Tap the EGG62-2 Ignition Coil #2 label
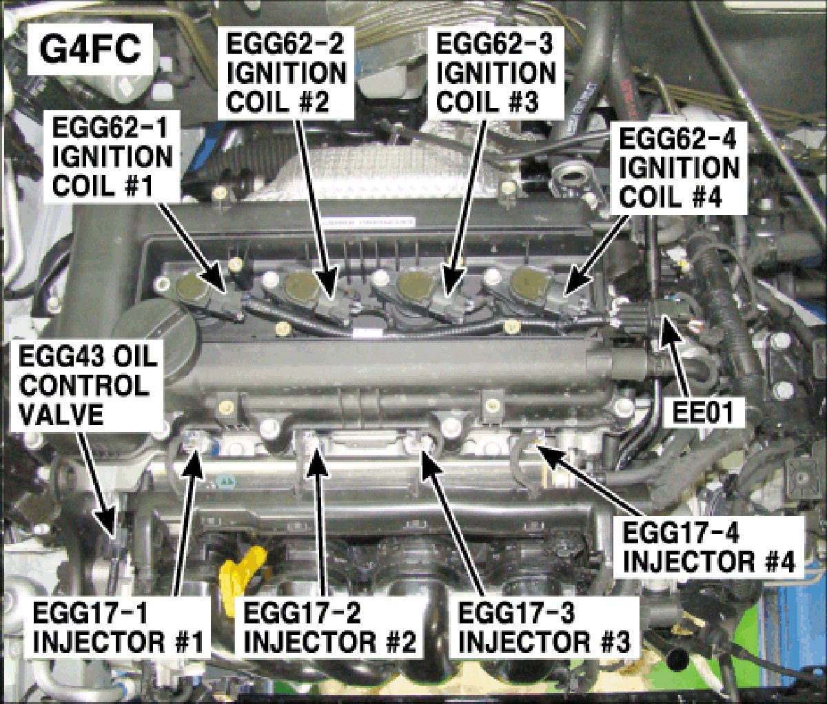287,73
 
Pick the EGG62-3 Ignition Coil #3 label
496,73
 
